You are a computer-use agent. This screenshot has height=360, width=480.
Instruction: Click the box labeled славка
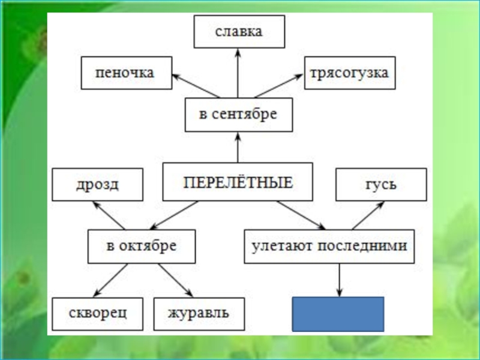[239, 32]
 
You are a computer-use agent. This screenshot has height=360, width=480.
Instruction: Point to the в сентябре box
[238, 115]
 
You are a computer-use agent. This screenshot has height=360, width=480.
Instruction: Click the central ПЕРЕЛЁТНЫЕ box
[238, 182]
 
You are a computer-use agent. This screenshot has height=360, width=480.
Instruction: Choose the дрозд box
[97, 184]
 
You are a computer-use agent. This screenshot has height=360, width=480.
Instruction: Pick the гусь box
[381, 184]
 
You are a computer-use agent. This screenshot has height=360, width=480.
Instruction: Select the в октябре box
[142, 246]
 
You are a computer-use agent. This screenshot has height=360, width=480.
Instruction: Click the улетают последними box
[329, 246]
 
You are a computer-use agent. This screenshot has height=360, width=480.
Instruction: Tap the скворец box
[97, 314]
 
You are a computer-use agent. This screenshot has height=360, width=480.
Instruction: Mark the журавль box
[200, 314]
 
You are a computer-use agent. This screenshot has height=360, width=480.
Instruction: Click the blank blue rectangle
[338, 314]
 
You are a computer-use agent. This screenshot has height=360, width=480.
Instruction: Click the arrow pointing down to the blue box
[340, 280]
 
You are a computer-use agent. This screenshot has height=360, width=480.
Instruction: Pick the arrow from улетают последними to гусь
[367, 215]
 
